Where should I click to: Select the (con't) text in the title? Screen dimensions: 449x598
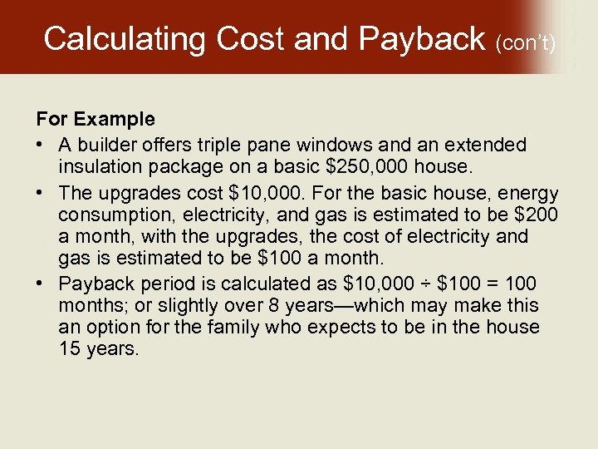525,41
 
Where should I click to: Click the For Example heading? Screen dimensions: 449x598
95,121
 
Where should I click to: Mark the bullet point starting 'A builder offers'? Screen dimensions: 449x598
41,145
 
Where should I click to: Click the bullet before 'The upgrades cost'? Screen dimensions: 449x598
41,193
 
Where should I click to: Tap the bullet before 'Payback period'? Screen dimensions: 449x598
41,284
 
